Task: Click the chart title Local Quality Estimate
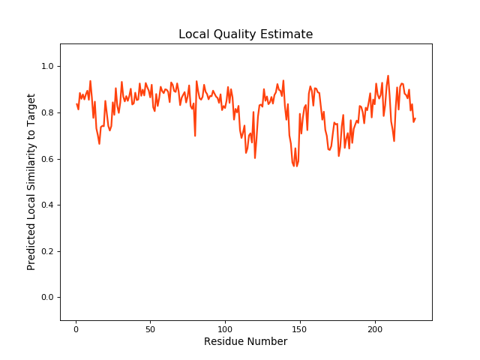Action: [245, 34]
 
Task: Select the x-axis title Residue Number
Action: [245, 342]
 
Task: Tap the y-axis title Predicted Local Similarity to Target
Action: [31, 182]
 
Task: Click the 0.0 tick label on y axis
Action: [46, 298]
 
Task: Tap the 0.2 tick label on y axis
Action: [46, 251]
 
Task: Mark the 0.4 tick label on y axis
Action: [46, 205]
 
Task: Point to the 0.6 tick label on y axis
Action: [46, 159]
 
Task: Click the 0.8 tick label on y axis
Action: [46, 113]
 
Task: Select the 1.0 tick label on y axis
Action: [46, 67]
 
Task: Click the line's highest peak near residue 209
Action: [388, 76]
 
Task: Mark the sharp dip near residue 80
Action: [195, 136]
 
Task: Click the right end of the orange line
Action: [415, 118]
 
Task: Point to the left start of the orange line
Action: [76, 104]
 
